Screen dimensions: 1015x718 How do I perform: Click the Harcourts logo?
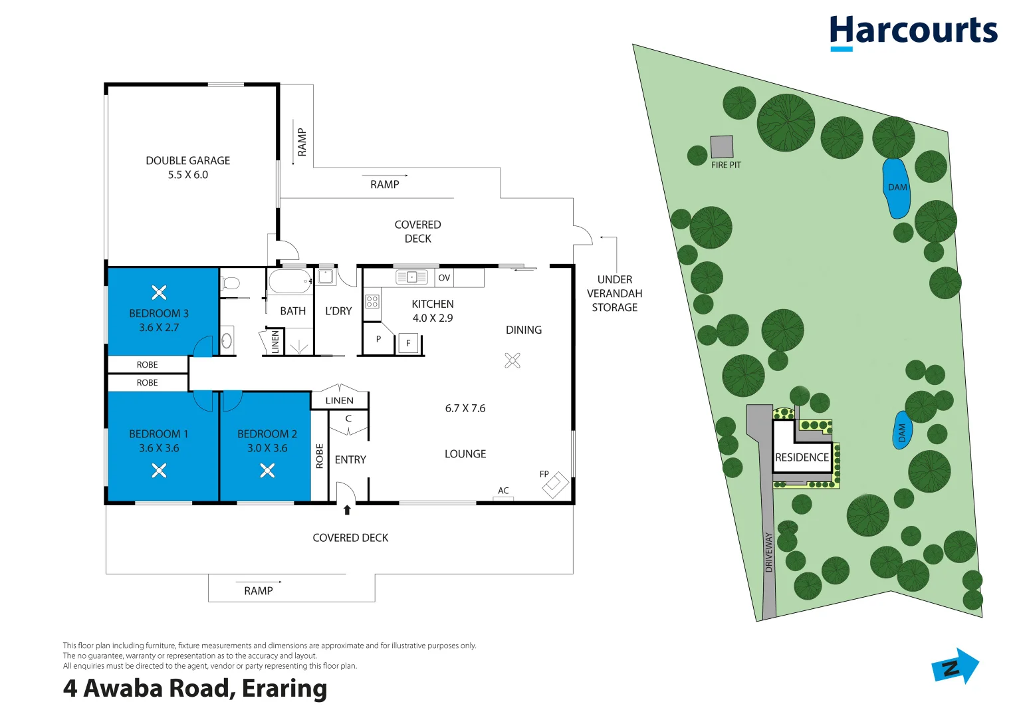click(913, 33)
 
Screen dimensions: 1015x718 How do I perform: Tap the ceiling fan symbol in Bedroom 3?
click(159, 293)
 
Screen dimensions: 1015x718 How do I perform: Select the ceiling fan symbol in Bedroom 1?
click(159, 471)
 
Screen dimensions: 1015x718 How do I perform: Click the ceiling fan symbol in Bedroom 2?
click(267, 471)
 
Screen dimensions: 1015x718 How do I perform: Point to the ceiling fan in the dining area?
click(512, 361)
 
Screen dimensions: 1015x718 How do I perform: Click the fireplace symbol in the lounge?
click(556, 485)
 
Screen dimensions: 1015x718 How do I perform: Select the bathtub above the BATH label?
click(290, 282)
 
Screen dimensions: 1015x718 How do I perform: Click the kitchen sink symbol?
click(411, 277)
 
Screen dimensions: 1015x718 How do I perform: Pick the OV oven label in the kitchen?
click(444, 278)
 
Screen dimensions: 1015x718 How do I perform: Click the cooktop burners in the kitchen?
click(372, 301)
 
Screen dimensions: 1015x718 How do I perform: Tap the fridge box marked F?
click(408, 343)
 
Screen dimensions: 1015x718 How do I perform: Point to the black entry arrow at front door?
click(347, 510)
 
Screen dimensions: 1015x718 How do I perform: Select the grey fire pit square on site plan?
click(721, 146)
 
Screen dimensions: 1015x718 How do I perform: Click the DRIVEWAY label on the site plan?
click(768, 552)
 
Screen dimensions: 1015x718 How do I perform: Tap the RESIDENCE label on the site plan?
click(802, 457)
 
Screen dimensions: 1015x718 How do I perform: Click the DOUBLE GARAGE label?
click(187, 160)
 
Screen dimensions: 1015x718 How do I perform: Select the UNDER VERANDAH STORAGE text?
click(614, 293)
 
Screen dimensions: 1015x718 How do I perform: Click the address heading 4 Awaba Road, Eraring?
click(195, 689)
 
